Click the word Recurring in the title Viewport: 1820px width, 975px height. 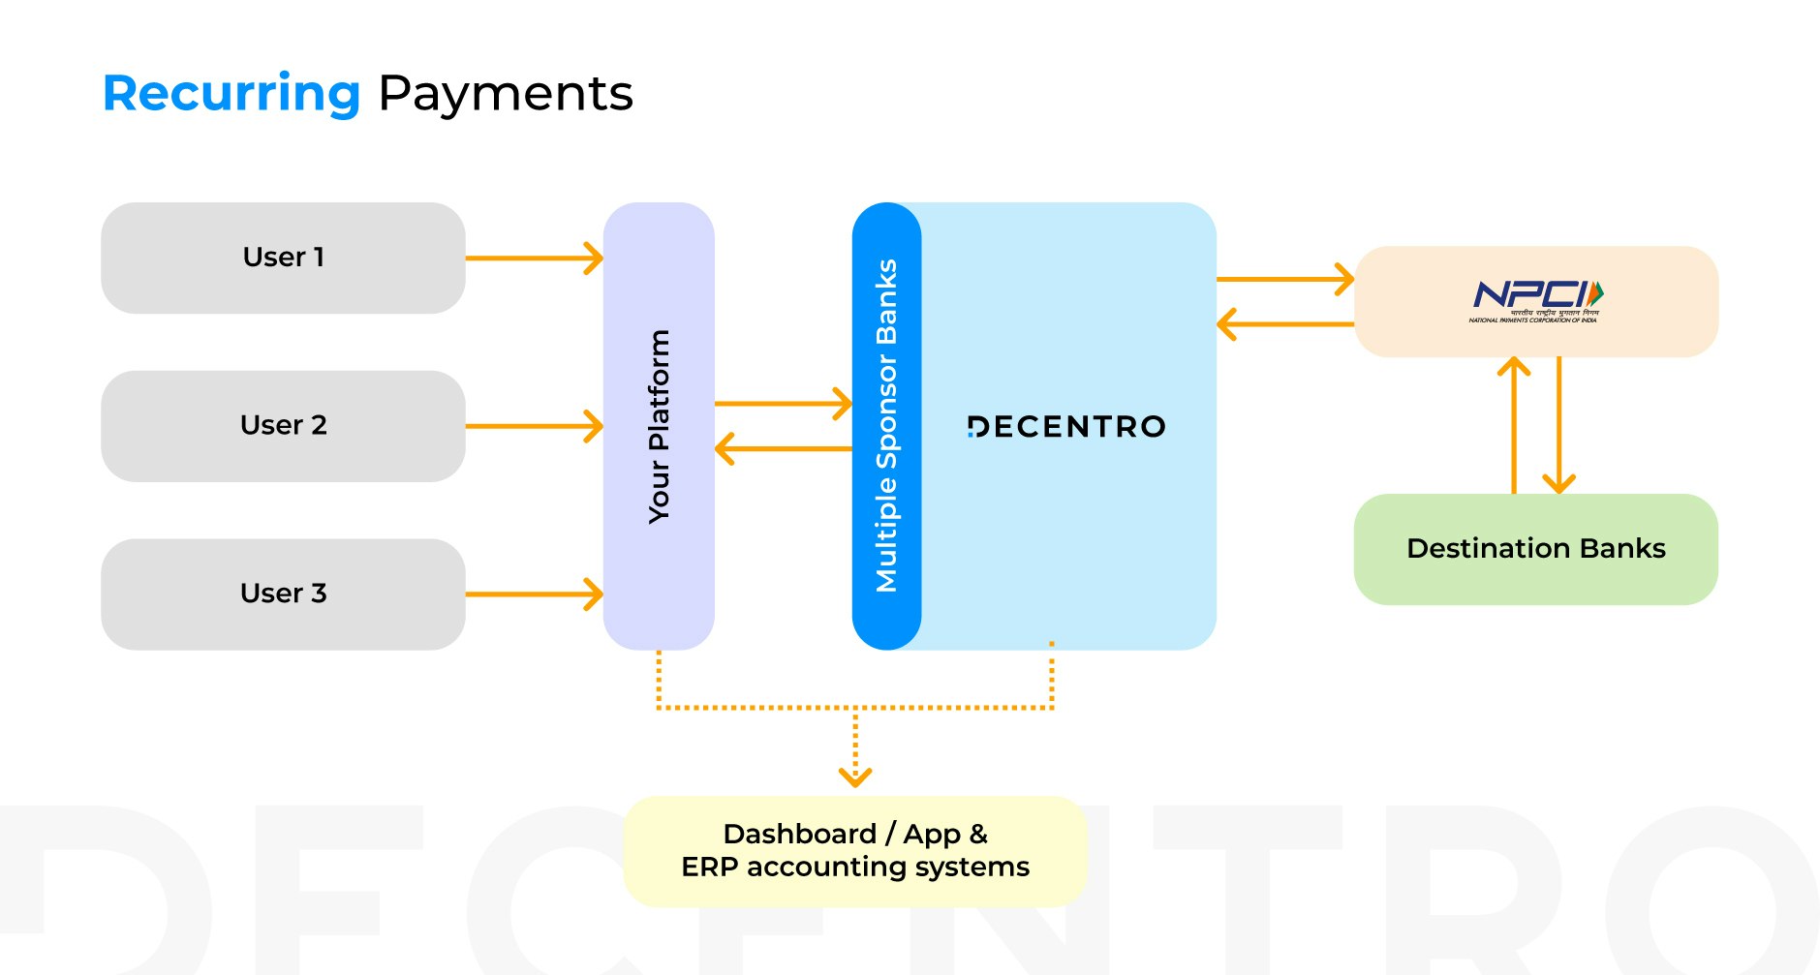pyautogui.click(x=231, y=94)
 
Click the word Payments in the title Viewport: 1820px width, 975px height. pyautogui.click(x=505, y=94)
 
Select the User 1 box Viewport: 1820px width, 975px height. pyautogui.click(x=283, y=258)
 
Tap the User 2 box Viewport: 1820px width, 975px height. pyautogui.click(x=283, y=426)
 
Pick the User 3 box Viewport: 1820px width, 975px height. pyautogui.click(x=283, y=594)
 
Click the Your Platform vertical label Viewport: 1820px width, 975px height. pyautogui.click(x=659, y=426)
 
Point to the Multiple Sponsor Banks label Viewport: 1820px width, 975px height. pyautogui.click(x=886, y=426)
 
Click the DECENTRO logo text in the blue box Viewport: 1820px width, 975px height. pyautogui.click(x=1066, y=427)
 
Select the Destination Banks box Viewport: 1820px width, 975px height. pyautogui.click(x=1535, y=549)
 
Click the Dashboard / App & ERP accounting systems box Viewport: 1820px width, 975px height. pyautogui.click(x=854, y=851)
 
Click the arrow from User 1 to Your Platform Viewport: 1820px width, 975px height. pyautogui.click(x=534, y=259)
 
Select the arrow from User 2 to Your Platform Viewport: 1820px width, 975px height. pyautogui.click(x=534, y=426)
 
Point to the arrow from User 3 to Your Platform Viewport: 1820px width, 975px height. pyautogui.click(x=534, y=594)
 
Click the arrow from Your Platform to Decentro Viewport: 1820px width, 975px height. pyautogui.click(x=783, y=404)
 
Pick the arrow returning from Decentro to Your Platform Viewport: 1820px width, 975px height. pyautogui.click(x=783, y=449)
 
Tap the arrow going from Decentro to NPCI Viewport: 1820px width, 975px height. pyautogui.click(x=1284, y=280)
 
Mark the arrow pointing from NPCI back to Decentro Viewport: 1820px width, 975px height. pyautogui.click(x=1284, y=324)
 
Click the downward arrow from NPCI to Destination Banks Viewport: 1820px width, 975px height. pyautogui.click(x=1558, y=426)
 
